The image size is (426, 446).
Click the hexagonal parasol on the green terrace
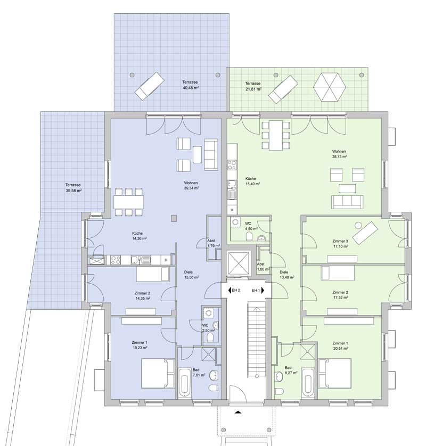330,87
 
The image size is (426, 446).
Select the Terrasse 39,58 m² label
73,188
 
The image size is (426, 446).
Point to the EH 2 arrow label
234,291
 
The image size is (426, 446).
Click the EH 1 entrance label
258,291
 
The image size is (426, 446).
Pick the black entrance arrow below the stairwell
238,412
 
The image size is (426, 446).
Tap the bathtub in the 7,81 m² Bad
184,382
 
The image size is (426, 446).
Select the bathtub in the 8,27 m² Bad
308,383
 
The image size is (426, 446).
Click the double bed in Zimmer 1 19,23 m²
158,373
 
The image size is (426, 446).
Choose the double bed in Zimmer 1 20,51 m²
334,373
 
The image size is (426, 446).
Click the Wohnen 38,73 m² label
340,154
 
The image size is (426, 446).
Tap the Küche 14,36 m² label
139,236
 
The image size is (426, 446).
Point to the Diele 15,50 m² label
191,275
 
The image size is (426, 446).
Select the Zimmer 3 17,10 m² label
340,244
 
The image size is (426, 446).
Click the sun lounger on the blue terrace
150,86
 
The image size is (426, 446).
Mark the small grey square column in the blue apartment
174,218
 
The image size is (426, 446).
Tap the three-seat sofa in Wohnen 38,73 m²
347,202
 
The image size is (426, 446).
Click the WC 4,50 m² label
251,226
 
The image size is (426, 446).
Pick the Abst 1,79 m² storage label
213,243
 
